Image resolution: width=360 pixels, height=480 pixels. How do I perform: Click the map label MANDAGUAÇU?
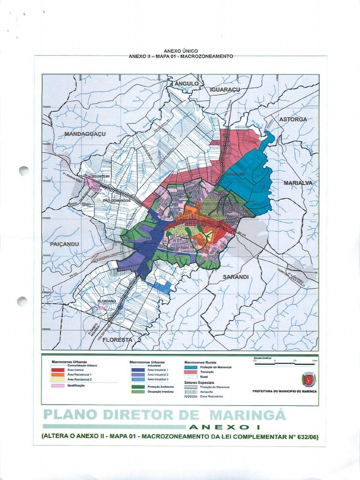[x=85, y=134]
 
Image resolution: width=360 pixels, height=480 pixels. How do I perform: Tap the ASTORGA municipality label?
[x=293, y=119]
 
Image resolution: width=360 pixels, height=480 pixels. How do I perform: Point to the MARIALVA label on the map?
[x=298, y=183]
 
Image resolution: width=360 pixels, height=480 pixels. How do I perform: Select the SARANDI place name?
[x=235, y=277]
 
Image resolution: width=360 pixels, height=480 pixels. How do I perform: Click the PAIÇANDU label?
[x=64, y=244]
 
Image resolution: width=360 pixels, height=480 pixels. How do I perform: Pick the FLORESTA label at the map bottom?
[x=118, y=339]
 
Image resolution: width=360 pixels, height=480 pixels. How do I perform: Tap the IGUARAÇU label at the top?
[x=225, y=89]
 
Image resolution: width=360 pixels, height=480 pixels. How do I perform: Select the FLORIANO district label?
[x=106, y=300]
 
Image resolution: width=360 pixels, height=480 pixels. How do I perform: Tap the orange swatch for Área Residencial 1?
[x=58, y=375]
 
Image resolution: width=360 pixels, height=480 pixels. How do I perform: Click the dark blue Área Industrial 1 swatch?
[x=138, y=370]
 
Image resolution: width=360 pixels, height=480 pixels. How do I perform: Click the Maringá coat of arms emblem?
[x=308, y=379]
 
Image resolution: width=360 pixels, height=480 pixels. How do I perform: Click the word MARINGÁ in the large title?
[x=247, y=415]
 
